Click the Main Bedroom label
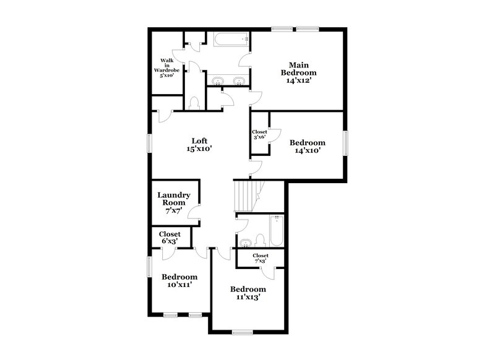295,72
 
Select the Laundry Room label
174,202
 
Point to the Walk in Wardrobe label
166,68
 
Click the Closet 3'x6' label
259,134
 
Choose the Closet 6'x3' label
170,237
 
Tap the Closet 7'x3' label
260,258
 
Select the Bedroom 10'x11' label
179,280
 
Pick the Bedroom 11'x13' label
247,293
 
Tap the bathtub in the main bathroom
231,41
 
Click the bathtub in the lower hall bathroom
276,231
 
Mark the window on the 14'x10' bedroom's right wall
346,141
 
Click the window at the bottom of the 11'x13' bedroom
243,332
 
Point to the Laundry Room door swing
194,213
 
